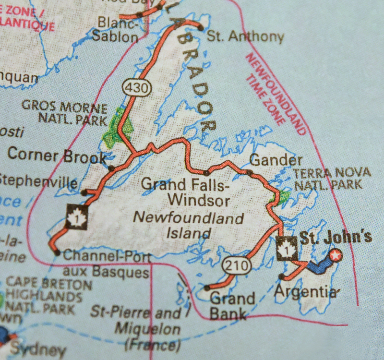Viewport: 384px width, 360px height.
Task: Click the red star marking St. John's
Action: pos(336,256)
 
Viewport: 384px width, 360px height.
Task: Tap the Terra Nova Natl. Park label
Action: pos(332,179)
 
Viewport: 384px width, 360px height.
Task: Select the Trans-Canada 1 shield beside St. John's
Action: pos(287,248)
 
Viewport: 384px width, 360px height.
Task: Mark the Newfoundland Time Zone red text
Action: pos(276,94)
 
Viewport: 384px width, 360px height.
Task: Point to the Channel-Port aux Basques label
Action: pos(107,264)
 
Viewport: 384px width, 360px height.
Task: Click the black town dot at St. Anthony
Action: pos(200,28)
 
